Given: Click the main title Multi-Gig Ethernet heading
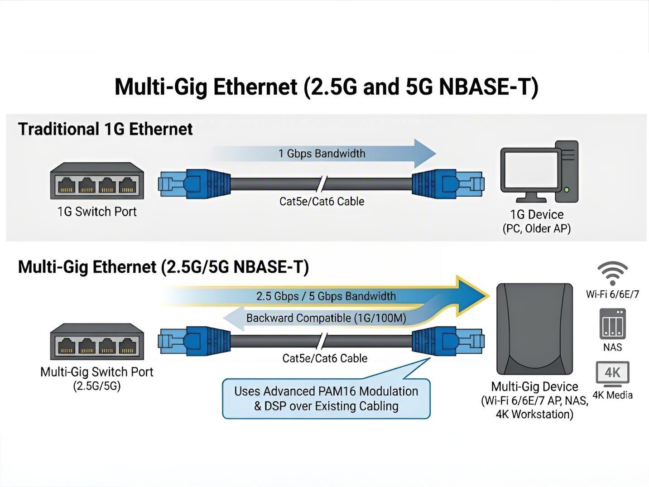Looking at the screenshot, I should (x=326, y=87).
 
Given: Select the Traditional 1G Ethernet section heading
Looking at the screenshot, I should (x=105, y=130).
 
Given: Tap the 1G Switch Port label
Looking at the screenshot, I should (x=97, y=212).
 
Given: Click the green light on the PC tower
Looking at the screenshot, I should (x=567, y=190).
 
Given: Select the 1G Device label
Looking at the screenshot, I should (x=537, y=214).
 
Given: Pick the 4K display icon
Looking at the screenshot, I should (x=612, y=373).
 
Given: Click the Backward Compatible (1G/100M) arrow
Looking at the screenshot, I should (x=325, y=318).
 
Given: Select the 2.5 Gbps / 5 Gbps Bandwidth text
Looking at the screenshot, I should (x=326, y=296).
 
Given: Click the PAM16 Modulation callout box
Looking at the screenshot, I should (x=326, y=399).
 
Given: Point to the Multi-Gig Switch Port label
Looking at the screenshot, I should (x=97, y=372).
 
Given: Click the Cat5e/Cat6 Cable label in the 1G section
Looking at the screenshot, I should (x=322, y=202).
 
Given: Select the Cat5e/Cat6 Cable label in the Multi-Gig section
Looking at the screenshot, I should (x=325, y=358).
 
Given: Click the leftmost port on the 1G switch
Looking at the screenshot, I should (x=66, y=185).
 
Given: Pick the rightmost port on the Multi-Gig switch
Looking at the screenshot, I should (x=127, y=347).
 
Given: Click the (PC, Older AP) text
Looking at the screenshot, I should (x=537, y=229).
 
